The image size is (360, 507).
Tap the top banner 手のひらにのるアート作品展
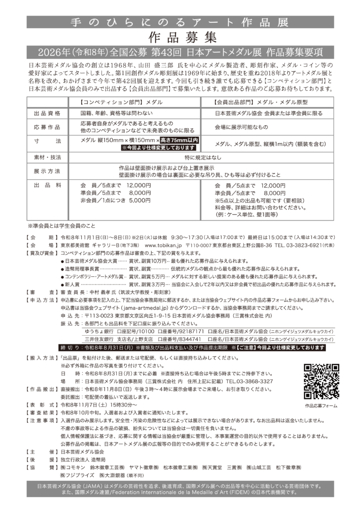tap(180, 22)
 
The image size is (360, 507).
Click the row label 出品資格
tap(47, 113)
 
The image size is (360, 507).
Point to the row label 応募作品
tap(47, 127)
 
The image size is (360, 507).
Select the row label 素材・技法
tap(47, 157)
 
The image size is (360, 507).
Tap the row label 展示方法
tap(47, 171)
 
